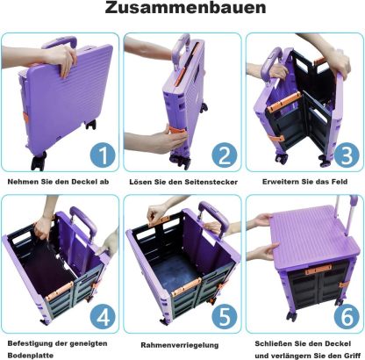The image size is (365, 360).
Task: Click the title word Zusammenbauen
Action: point(185,8)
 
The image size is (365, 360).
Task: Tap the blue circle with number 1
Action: point(103,155)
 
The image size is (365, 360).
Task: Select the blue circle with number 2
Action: point(225,155)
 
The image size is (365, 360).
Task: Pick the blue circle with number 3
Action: point(347,155)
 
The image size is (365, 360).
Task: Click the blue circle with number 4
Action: point(103,317)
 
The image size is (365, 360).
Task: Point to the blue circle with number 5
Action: point(225,317)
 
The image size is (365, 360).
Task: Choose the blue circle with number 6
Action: point(347,317)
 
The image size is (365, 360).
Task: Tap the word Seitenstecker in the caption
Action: point(211,182)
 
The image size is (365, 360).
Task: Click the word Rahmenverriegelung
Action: point(180,345)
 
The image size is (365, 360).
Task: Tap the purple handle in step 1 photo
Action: point(60,42)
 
